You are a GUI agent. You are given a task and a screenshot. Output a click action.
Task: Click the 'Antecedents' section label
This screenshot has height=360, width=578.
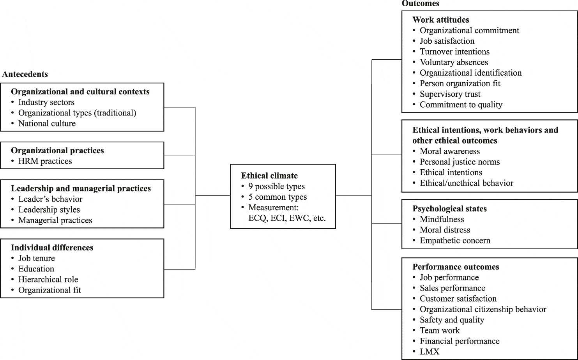click(25, 74)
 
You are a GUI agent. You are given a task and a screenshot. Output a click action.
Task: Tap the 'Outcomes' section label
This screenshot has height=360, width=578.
click(420, 4)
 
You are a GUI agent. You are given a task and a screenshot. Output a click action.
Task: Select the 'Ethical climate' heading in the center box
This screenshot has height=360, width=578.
click(269, 176)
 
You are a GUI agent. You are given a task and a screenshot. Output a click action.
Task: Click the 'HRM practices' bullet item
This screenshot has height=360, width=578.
click(45, 161)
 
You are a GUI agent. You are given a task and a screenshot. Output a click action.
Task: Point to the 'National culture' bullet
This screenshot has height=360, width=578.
click(47, 123)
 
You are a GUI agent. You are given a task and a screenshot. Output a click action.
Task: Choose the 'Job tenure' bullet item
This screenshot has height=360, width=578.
click(37, 258)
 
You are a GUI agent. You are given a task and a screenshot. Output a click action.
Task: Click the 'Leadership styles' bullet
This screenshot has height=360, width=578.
click(49, 209)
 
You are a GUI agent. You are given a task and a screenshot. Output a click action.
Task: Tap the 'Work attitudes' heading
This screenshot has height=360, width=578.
click(440, 20)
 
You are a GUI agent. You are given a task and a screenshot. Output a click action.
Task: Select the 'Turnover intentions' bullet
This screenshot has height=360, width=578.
click(454, 51)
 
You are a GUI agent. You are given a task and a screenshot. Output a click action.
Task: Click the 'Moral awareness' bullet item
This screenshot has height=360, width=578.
click(450, 151)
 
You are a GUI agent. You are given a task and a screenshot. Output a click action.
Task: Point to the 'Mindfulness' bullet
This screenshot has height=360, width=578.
click(442, 219)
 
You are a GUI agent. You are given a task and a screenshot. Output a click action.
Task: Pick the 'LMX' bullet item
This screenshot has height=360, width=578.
click(430, 351)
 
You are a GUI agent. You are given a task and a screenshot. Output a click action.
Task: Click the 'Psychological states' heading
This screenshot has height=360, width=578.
click(449, 209)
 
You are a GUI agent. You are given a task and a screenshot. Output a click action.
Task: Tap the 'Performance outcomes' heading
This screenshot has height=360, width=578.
click(456, 267)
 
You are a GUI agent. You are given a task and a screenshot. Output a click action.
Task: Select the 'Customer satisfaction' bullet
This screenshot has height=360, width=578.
click(458, 299)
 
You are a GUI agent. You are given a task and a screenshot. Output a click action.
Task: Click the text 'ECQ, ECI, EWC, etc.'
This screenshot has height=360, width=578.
click(287, 218)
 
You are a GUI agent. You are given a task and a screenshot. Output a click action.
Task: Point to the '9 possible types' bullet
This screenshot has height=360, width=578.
click(276, 186)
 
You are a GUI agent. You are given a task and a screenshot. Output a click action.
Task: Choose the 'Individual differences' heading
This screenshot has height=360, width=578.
click(52, 248)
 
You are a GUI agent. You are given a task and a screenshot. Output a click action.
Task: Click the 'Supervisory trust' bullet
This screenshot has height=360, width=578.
click(450, 94)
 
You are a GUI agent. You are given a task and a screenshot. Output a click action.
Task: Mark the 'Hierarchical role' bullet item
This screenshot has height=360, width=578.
click(48, 279)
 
